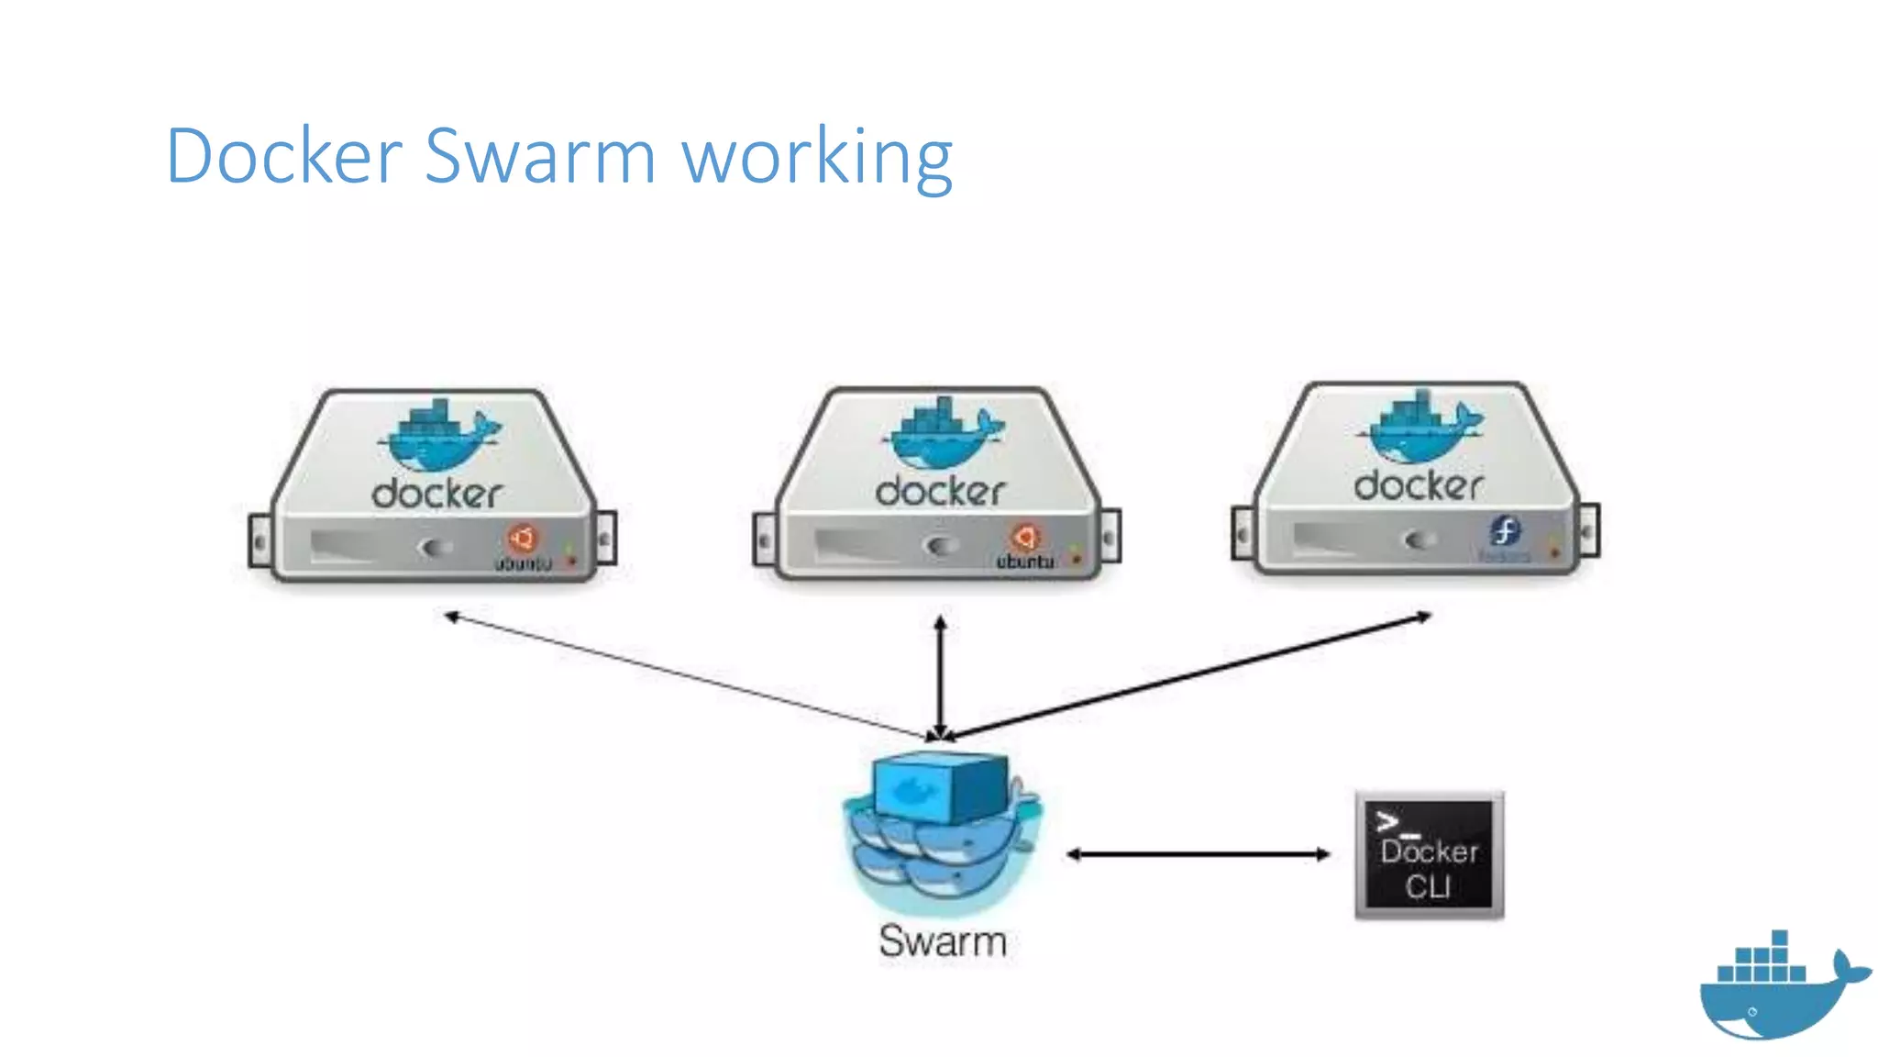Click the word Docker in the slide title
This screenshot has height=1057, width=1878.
coord(284,156)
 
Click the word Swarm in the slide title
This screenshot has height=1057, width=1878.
coord(540,156)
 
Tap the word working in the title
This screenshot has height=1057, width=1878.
coord(817,158)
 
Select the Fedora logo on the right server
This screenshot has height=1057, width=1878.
coord(1504,530)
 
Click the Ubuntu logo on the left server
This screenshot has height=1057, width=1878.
coord(522,538)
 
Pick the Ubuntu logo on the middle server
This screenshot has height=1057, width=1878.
coord(1024,538)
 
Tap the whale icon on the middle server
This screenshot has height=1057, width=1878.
coord(943,433)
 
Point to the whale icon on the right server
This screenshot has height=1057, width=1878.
coord(1420,427)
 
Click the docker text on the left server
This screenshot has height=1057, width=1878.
coord(437,494)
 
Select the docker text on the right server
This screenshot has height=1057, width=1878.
coord(1419,485)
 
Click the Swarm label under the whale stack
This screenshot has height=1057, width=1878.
coord(943,941)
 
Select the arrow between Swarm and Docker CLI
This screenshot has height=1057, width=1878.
coord(1198,854)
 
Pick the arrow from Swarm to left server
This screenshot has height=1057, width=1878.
coord(688,676)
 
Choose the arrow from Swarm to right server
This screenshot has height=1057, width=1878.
coord(1188,676)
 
